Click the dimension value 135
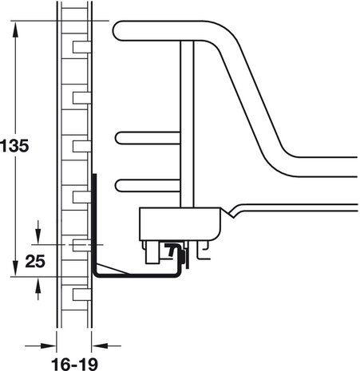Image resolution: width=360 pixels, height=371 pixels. click(14, 146)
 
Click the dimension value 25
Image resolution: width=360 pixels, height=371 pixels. click(35, 262)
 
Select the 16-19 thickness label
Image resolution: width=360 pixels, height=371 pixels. click(74, 364)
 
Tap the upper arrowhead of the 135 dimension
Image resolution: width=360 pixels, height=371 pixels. click(15, 30)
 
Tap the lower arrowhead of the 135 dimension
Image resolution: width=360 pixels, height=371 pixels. click(15, 268)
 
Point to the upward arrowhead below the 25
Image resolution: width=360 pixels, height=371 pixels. click(38, 285)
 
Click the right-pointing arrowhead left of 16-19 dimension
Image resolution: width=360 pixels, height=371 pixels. click(49, 345)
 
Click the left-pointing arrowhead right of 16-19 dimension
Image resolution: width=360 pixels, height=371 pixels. click(100, 345)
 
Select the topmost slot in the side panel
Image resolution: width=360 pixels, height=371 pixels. click(81, 47)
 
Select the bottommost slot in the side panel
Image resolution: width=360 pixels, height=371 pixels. click(81, 294)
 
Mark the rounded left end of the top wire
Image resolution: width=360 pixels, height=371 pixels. click(117, 31)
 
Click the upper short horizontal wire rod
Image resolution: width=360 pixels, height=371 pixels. click(148, 138)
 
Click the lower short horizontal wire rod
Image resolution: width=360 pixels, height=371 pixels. click(148, 186)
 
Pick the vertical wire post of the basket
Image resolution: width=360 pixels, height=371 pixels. click(187, 124)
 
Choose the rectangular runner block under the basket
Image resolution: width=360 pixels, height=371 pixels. click(180, 224)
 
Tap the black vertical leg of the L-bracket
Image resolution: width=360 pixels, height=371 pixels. click(94, 223)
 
